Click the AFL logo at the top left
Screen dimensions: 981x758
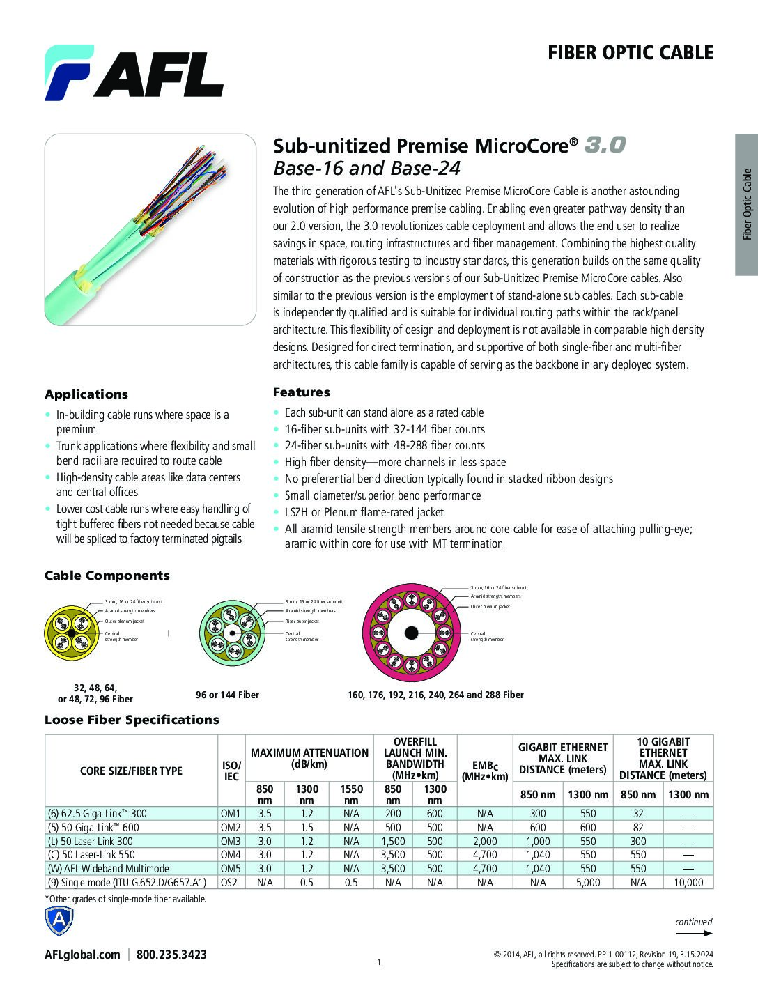click(x=134, y=72)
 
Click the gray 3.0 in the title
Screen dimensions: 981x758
click(x=605, y=145)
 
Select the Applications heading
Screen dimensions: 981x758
click(x=86, y=394)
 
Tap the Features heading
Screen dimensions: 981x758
click(x=302, y=392)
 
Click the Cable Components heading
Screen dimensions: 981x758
click(x=107, y=576)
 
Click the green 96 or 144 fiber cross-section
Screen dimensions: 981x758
click(x=230, y=631)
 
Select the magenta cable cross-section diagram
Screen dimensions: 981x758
click(x=412, y=633)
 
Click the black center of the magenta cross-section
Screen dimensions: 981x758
click(x=412, y=633)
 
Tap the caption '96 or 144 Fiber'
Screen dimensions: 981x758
click(x=227, y=695)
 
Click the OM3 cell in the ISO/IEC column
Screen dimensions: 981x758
click(x=231, y=841)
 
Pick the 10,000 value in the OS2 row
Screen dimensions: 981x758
click(x=688, y=882)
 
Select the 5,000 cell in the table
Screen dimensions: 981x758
click(x=588, y=882)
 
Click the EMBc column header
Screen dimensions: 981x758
click(x=485, y=771)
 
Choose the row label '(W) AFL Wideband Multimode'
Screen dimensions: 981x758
click(x=109, y=868)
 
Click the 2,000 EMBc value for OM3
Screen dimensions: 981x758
click(x=485, y=841)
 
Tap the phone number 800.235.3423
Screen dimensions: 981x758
click(x=172, y=955)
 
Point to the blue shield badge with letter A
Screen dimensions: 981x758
click(x=59, y=921)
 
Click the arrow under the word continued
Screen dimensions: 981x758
click(x=694, y=934)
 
